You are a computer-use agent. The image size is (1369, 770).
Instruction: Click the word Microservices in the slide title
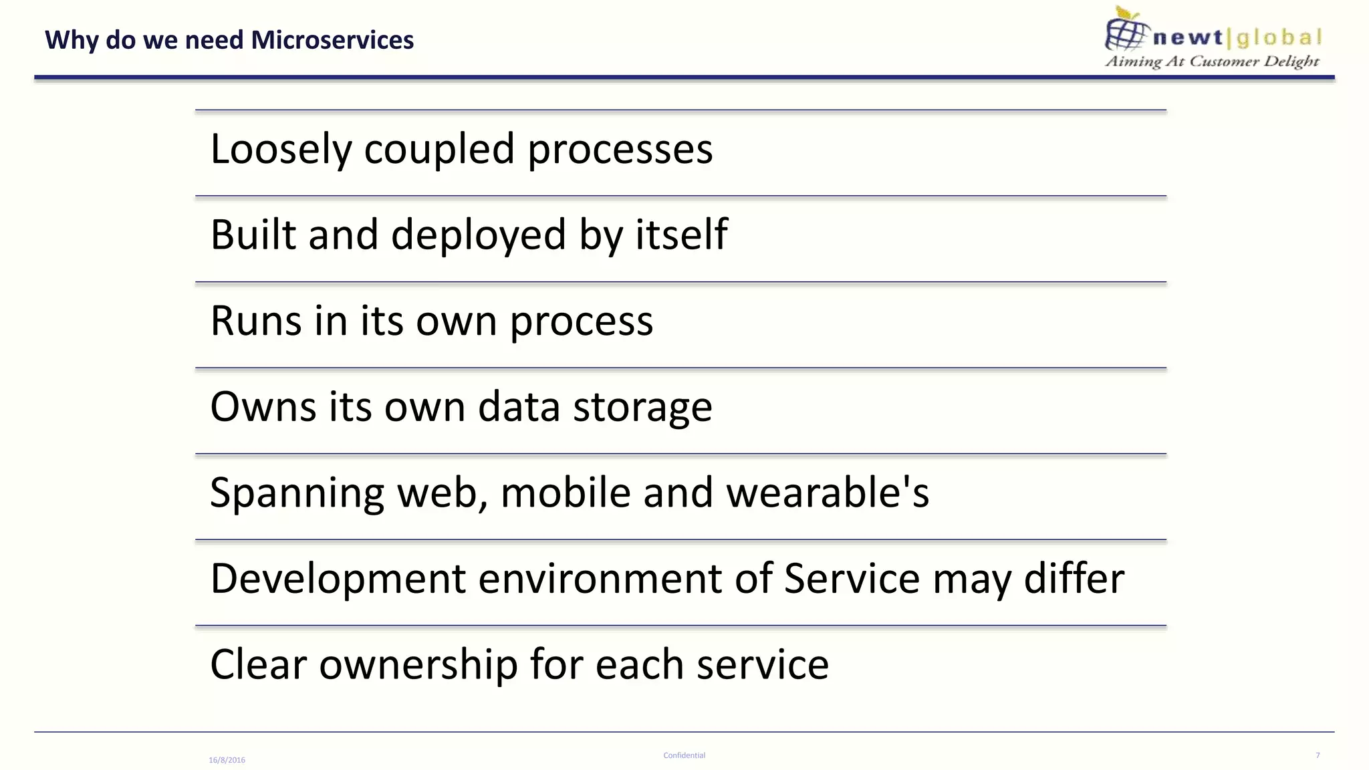click(x=332, y=40)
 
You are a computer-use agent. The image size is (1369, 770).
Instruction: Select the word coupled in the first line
click(x=439, y=149)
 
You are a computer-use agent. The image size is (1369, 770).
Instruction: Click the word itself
click(x=680, y=235)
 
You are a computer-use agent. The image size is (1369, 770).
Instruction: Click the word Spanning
click(x=297, y=493)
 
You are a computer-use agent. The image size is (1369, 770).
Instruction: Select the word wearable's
click(x=828, y=493)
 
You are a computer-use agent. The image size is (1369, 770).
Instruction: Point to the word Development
click(x=338, y=578)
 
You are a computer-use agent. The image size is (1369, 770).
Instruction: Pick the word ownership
click(x=418, y=664)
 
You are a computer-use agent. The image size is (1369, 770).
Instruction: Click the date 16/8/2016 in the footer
click(x=227, y=760)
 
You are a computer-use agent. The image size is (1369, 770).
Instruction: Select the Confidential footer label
click(x=684, y=755)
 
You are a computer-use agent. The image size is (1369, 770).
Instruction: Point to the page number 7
click(x=1318, y=755)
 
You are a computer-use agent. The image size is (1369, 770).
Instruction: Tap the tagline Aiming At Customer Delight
click(x=1212, y=61)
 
